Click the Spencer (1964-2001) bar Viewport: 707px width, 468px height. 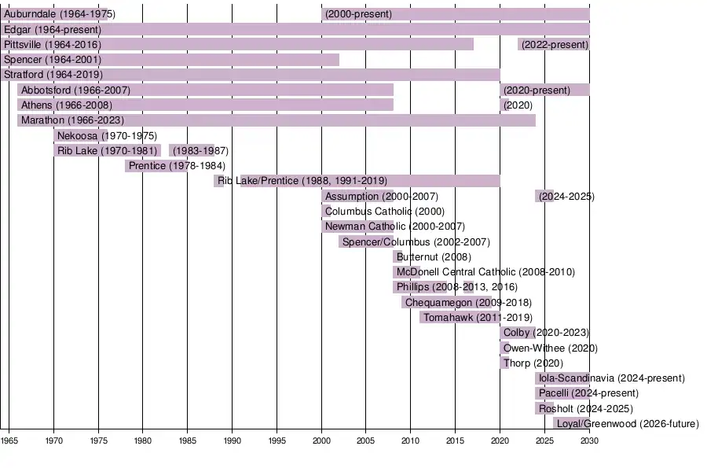click(170, 60)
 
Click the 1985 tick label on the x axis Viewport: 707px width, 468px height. click(188, 441)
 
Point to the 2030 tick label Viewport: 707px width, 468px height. click(589, 441)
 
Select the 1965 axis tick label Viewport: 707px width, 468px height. click(9, 441)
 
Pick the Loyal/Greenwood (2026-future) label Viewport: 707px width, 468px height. click(627, 424)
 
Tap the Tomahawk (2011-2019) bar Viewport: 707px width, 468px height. click(460, 318)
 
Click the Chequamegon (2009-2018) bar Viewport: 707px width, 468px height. click(441, 303)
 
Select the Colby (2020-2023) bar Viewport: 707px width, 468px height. click(518, 333)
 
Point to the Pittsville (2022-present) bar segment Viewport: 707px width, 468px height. click(554, 45)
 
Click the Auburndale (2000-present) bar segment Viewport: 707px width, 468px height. click(456, 14)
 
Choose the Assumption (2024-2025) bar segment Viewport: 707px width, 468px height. click(544, 197)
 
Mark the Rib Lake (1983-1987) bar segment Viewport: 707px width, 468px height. click(191, 151)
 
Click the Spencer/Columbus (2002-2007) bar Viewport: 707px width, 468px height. click(366, 242)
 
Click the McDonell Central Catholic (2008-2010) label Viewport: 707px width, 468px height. click(485, 272)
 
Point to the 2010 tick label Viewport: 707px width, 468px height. click(411, 441)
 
